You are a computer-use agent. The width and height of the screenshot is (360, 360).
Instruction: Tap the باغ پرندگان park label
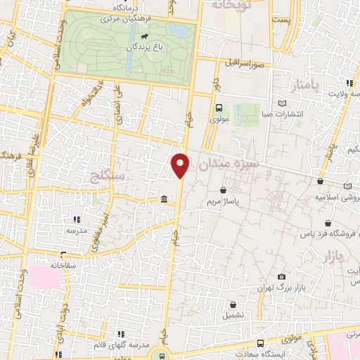pos(144,48)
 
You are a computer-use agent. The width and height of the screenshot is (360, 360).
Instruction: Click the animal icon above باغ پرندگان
pos(144,37)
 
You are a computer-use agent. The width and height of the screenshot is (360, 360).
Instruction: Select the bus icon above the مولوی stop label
pos(219,108)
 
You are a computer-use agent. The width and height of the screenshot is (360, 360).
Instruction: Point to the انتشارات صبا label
pos(282,113)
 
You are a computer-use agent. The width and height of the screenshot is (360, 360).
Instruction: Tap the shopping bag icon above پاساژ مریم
pos(224,190)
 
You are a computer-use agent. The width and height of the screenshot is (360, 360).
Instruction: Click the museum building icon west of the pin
pos(164,200)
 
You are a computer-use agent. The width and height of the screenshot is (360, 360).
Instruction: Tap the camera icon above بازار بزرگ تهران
pos(282,278)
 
